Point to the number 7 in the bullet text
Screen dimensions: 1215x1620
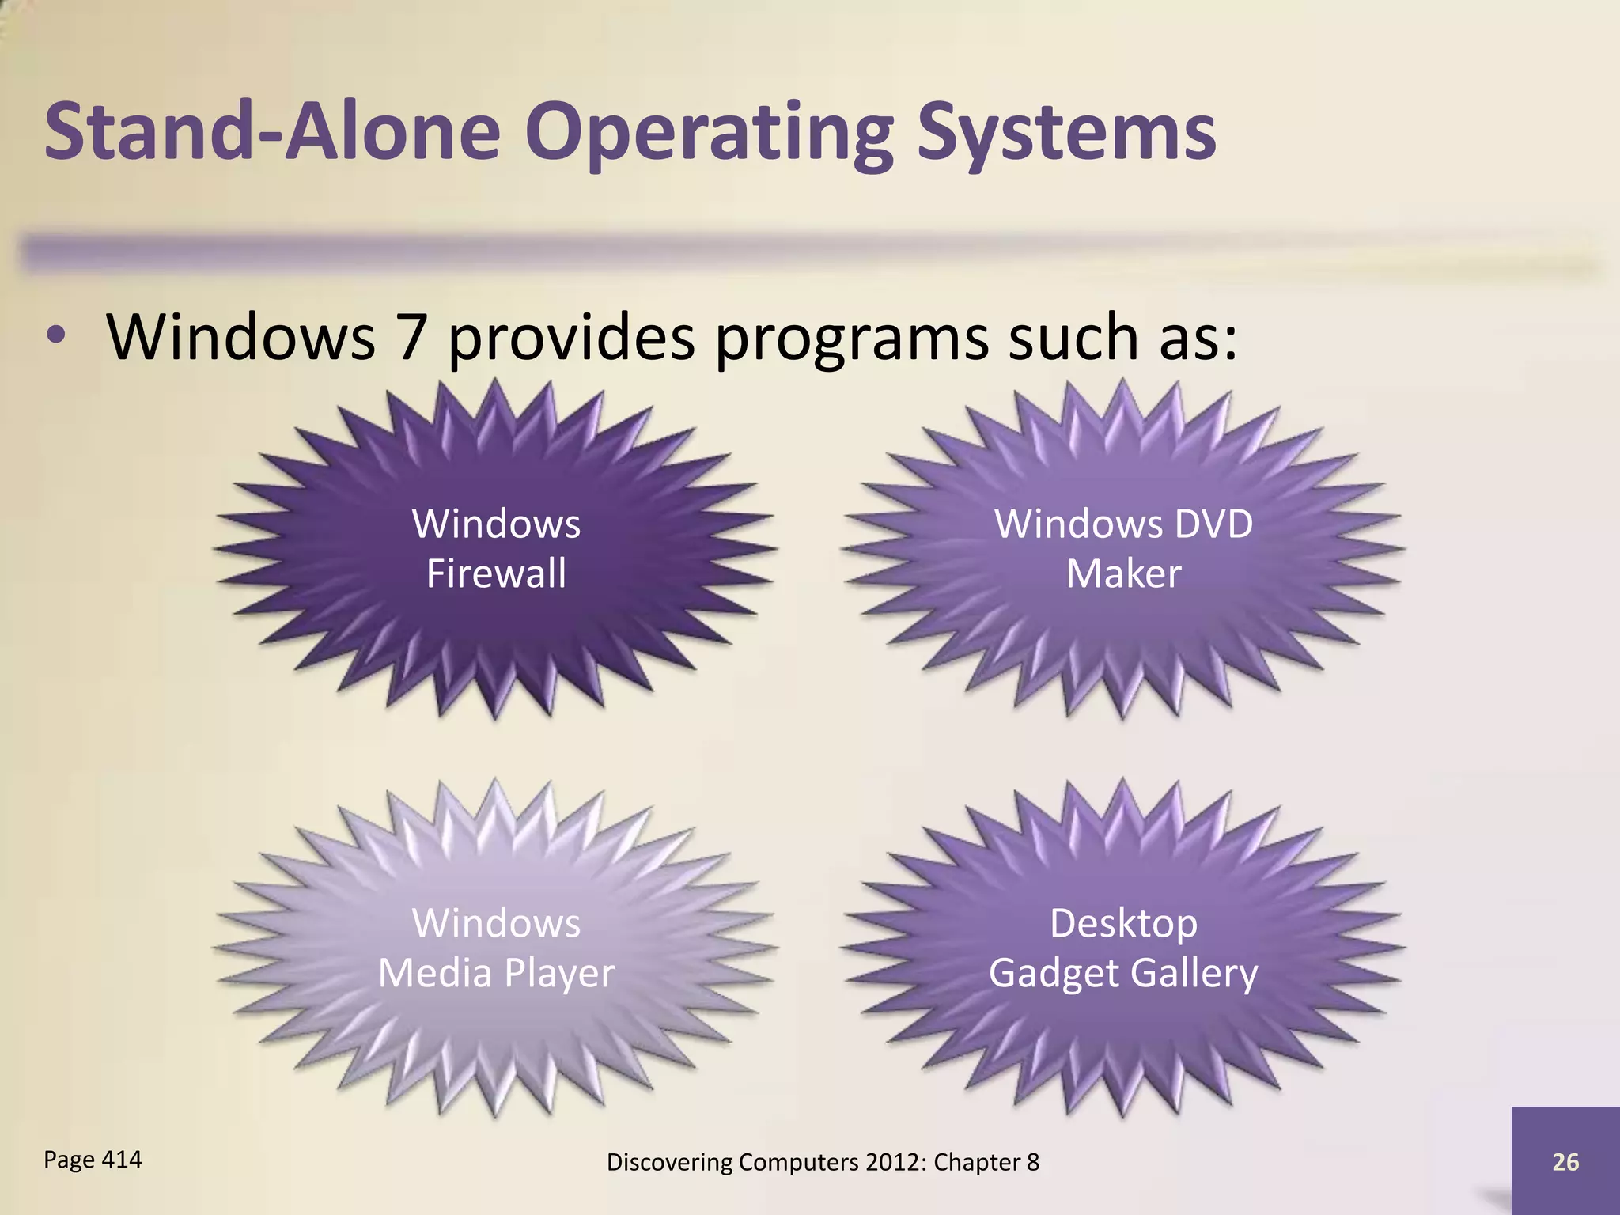point(411,336)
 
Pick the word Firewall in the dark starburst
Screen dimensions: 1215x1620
point(496,573)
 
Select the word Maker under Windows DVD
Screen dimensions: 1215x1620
point(1123,573)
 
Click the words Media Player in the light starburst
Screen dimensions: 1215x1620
point(496,973)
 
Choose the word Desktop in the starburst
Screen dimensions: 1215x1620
point(1123,923)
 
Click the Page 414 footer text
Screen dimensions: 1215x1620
point(93,1160)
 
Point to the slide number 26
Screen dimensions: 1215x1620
point(1565,1161)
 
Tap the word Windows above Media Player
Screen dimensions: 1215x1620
point(496,923)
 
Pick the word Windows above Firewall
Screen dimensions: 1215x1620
point(496,524)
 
